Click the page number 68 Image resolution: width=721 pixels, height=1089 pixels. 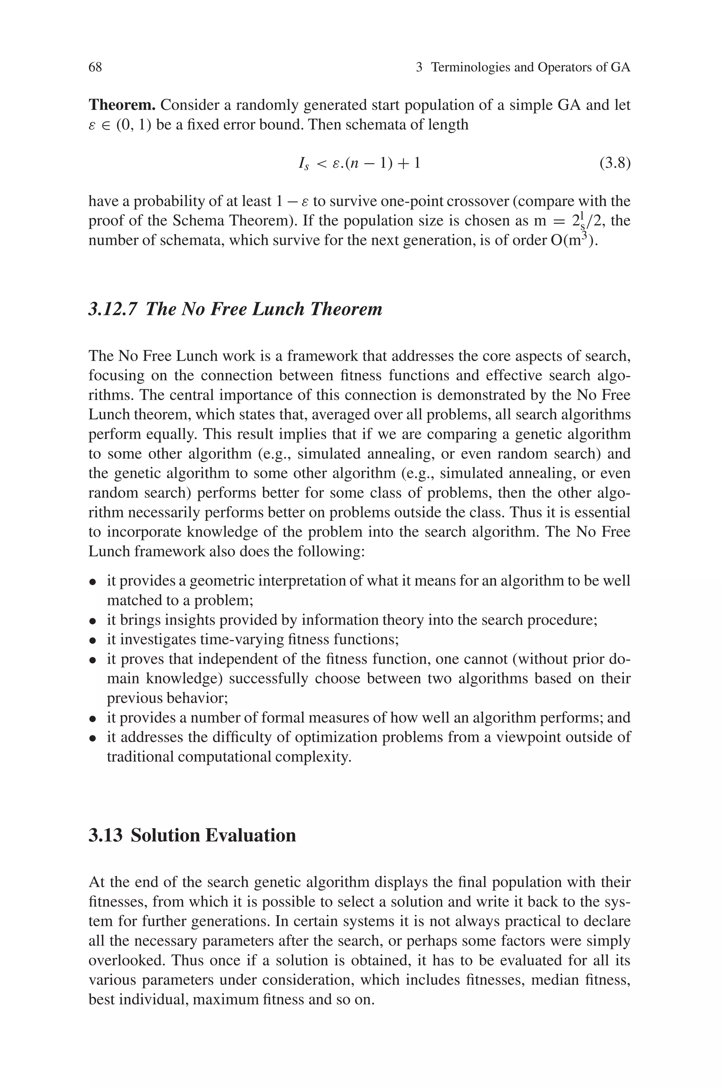pyautogui.click(x=95, y=68)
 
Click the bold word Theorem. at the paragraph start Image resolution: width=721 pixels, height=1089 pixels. pyautogui.click(x=122, y=105)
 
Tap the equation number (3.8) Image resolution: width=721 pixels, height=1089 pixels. pyautogui.click(x=615, y=163)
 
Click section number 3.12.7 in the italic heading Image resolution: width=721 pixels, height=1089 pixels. pyautogui.click(x=113, y=309)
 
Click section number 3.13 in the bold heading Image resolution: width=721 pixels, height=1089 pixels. pyautogui.click(x=105, y=835)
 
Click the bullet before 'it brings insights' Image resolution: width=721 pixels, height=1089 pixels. pyautogui.click(x=93, y=621)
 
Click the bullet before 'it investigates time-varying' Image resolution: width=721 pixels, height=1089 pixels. pyautogui.click(x=93, y=641)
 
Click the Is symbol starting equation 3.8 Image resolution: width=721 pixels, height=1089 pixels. pyautogui.click(x=303, y=164)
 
